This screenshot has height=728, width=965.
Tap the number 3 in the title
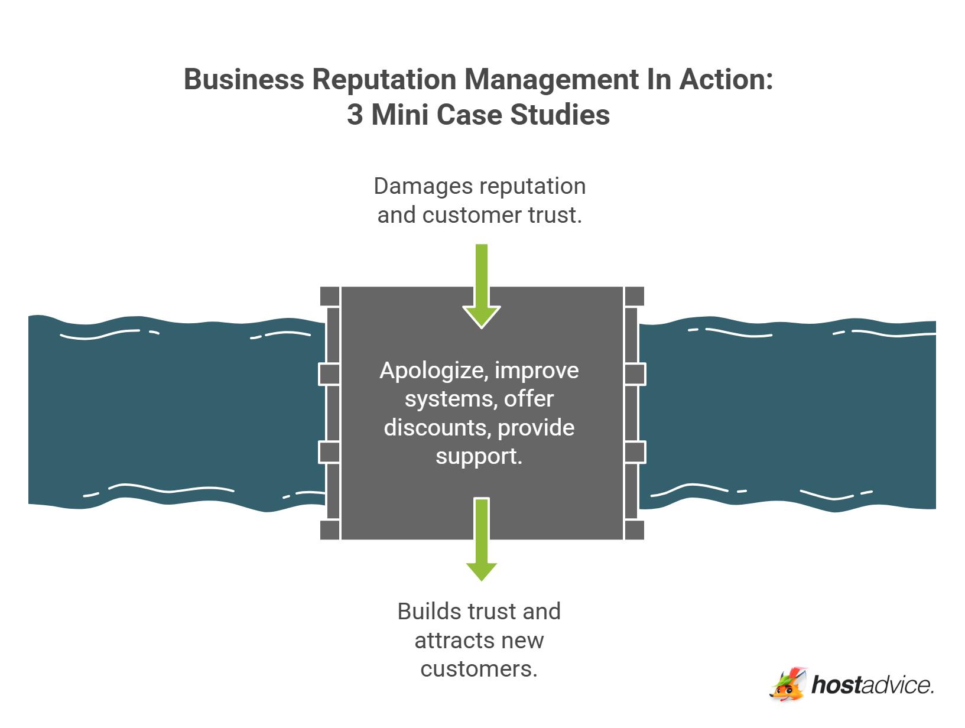coord(355,115)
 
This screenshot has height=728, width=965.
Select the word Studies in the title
coord(560,115)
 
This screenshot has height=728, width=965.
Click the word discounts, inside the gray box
coord(437,428)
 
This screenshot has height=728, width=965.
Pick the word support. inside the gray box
coord(479,456)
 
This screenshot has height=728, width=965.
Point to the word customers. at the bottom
coord(479,669)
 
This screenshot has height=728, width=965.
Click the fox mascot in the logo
coord(788,685)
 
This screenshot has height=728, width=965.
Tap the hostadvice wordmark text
coord(872,685)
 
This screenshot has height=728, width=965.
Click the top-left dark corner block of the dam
coord(330,296)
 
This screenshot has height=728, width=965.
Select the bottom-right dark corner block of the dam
coord(634,530)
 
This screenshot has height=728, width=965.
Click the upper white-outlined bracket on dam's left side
coord(329,374)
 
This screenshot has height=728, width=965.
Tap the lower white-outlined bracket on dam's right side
coord(635,452)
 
